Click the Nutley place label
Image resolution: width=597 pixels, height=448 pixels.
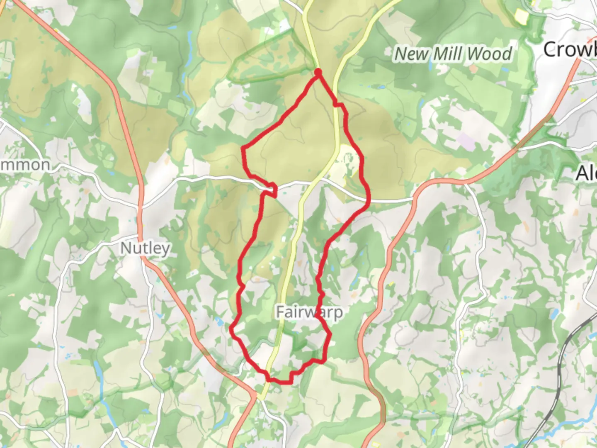pos(145,248)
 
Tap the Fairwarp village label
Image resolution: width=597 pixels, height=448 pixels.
pos(309,312)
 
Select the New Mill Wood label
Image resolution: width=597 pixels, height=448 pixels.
pos(453,54)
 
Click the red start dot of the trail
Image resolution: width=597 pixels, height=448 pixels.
pos(318,73)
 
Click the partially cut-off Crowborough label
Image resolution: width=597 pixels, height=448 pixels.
pos(570,50)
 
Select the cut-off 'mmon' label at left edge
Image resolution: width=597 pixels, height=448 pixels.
pos(25,165)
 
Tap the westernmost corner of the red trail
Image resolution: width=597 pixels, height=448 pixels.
pos(231,329)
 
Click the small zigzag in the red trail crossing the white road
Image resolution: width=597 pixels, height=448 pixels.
pos(272,189)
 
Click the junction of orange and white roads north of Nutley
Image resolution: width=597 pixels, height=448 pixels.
pos(139,206)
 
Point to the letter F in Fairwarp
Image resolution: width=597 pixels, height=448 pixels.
pos(281,312)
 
